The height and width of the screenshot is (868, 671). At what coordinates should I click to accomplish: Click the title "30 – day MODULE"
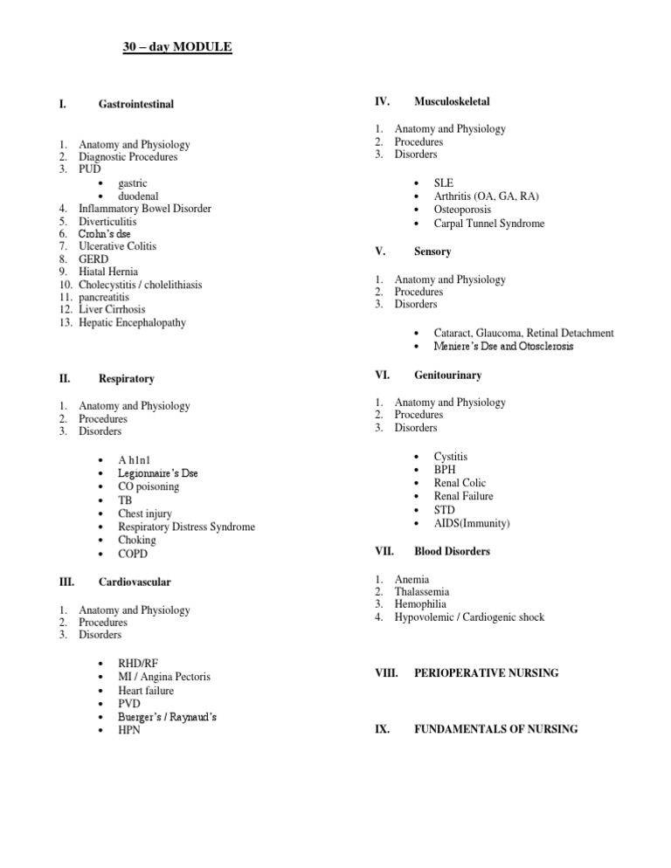pos(176,46)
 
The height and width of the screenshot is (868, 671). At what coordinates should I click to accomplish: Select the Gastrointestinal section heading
pos(136,104)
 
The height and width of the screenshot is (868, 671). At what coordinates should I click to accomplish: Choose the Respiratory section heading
pos(127,379)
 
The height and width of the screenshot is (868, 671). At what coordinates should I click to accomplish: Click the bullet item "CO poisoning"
pos(149,486)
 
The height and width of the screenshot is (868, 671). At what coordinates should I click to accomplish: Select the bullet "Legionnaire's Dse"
pos(158,473)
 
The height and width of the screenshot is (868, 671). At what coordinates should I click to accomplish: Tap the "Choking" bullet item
pos(137,540)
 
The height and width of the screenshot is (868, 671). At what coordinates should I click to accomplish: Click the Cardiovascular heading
pos(135,582)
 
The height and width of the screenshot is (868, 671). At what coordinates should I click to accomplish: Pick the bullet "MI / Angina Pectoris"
pos(164,677)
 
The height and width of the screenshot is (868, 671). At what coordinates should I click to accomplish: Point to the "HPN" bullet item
pos(129,730)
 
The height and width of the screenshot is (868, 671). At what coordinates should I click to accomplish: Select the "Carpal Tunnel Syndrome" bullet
pos(488,224)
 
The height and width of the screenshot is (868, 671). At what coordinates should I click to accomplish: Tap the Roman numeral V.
pos(380,251)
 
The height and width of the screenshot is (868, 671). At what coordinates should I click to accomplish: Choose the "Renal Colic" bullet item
pos(460,483)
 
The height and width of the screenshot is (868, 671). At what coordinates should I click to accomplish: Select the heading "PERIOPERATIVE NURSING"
pos(486,673)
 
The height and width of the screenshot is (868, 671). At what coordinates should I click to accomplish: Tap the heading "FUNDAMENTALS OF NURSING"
pos(495,728)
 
